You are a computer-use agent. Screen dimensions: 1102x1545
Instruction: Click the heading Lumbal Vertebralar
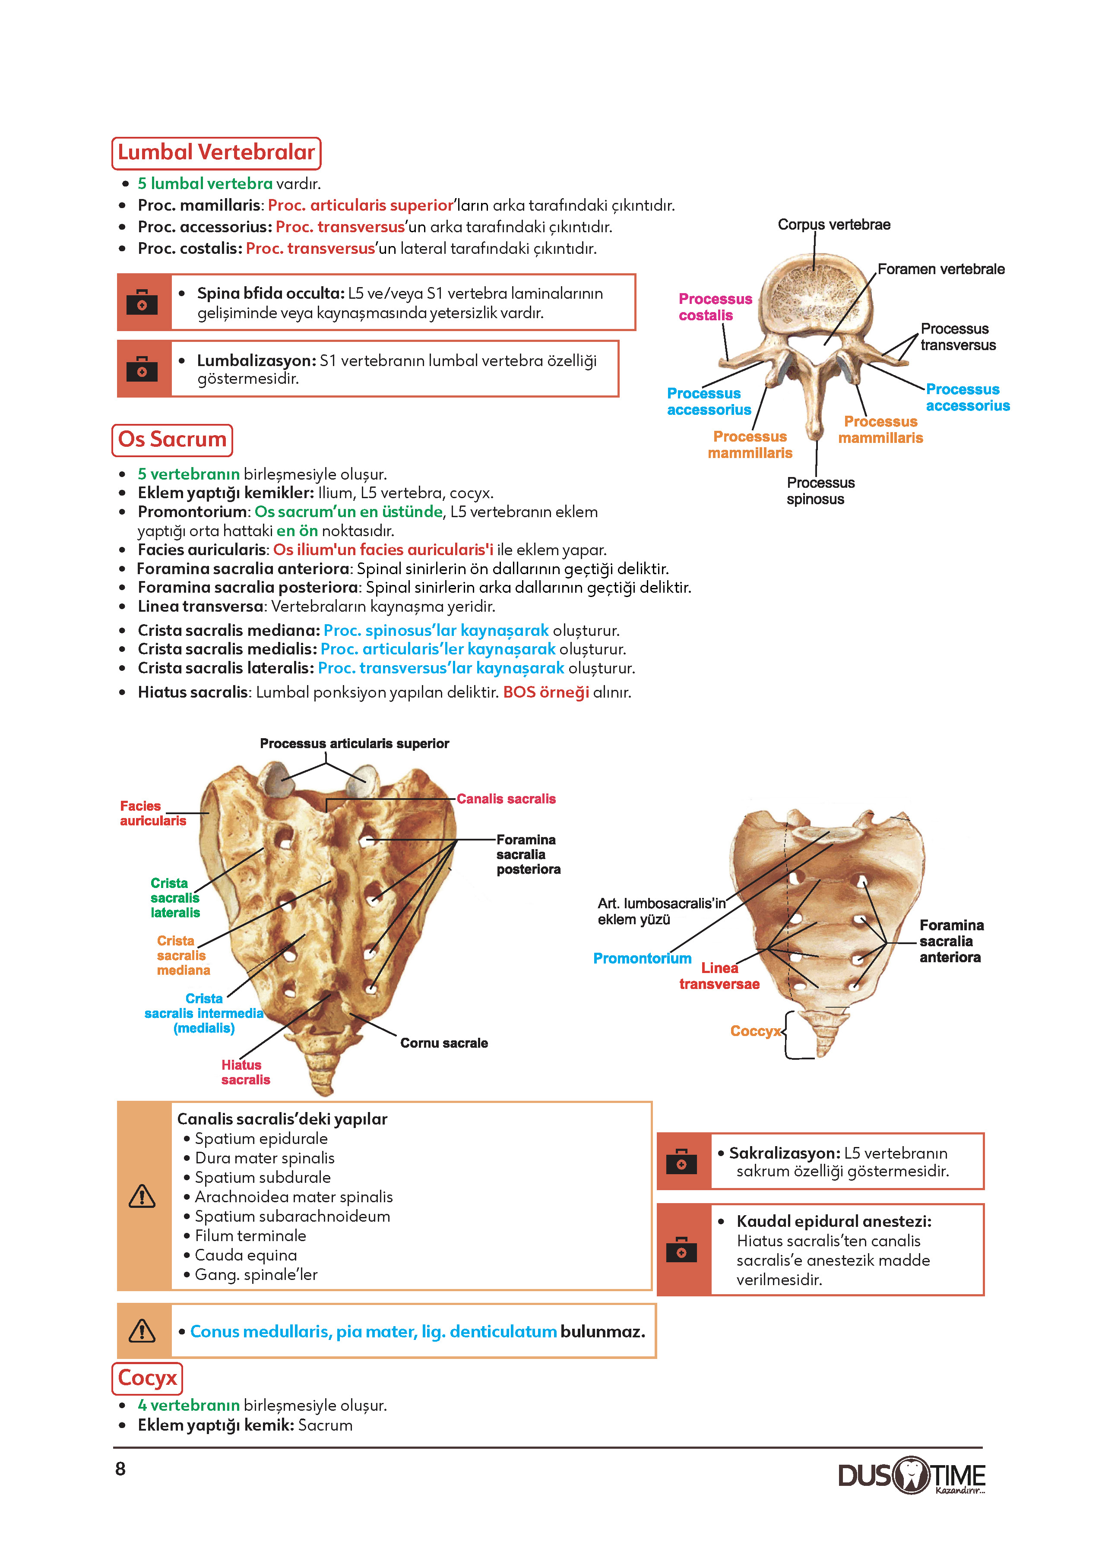coord(216,153)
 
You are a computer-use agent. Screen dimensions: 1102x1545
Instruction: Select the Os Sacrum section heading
coord(172,440)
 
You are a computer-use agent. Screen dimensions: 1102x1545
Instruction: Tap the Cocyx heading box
coord(147,1378)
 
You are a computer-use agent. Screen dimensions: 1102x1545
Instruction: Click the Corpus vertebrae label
coord(834,224)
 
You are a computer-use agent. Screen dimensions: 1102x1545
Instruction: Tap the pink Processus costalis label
coord(715,307)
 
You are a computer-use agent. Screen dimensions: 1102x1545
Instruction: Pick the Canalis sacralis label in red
coord(506,799)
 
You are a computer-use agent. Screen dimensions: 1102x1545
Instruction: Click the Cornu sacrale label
coord(444,1043)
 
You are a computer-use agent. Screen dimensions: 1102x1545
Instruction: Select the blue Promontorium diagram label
coord(642,958)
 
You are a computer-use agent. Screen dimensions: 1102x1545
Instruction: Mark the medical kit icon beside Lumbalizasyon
coord(142,370)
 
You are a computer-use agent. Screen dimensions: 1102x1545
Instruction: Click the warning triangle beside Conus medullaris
coord(142,1331)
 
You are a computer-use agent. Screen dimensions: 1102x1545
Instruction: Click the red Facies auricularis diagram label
coord(153,813)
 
